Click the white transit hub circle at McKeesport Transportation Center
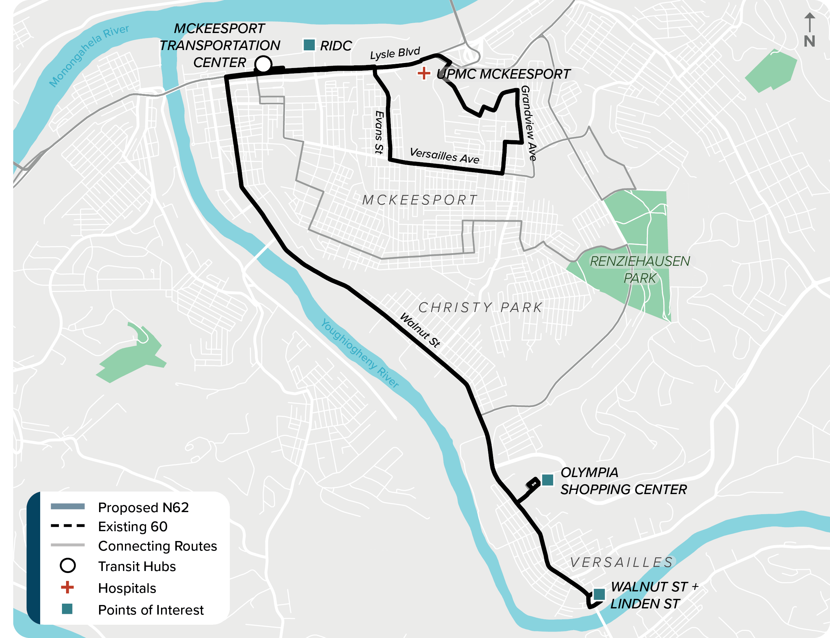[263, 64]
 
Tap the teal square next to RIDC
[309, 45]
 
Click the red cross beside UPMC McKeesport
[424, 73]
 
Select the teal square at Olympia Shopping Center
[547, 480]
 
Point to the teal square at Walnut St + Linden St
[599, 594]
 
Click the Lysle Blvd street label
[395, 53]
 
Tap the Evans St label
[379, 132]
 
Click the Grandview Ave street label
[528, 123]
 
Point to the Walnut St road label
[420, 330]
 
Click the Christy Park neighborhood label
[480, 307]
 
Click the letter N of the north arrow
[810, 41]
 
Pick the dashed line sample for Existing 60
[68, 526]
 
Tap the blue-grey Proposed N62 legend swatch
[68, 506]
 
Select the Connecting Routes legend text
[157, 546]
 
